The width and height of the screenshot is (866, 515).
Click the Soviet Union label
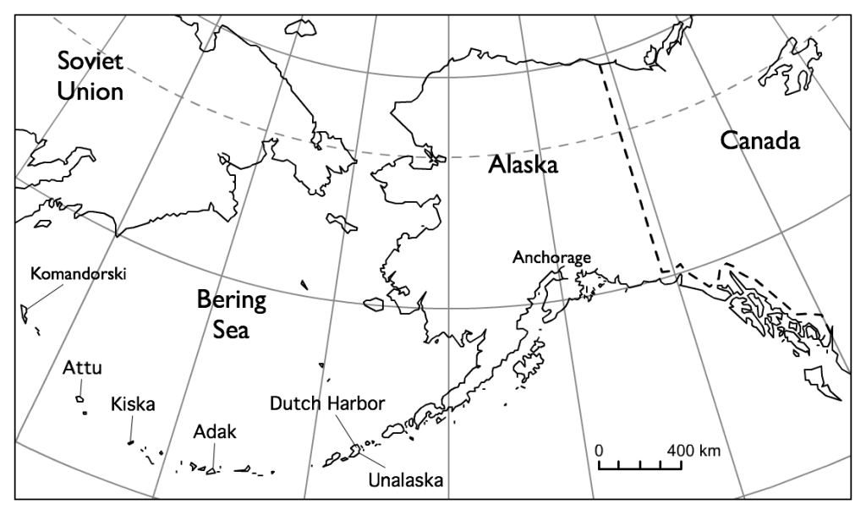coord(90,75)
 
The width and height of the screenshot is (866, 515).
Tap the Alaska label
coord(523,165)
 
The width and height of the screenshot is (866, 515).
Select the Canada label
coord(759,140)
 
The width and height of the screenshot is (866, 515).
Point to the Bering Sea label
coord(231,314)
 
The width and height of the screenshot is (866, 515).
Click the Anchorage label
coord(551,257)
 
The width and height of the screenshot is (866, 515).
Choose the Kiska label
coord(133,403)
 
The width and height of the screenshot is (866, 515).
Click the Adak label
coord(214,432)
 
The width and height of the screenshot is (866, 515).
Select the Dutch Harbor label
coord(327,403)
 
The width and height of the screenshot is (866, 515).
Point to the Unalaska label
coord(406,481)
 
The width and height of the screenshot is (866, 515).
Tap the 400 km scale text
coord(693,449)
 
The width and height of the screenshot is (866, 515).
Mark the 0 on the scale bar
coord(599,449)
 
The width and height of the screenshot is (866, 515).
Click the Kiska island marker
coord(130,441)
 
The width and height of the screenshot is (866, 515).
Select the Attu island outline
coord(79,397)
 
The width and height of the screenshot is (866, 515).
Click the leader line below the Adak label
coord(214,457)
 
